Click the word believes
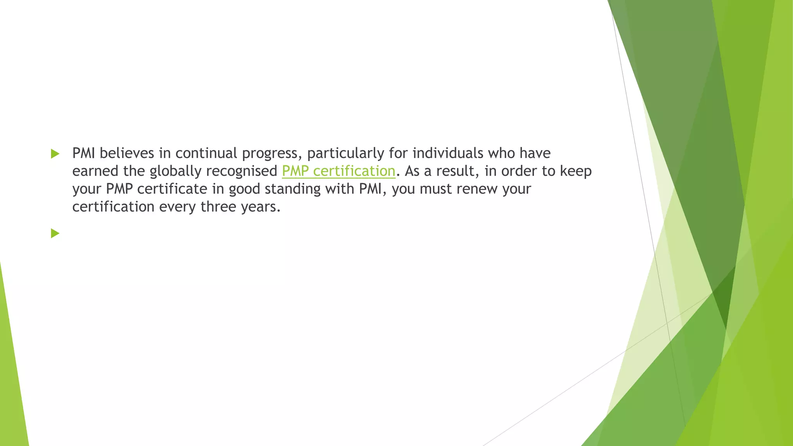click(x=127, y=153)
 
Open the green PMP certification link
click(x=338, y=171)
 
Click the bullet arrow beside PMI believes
click(x=55, y=154)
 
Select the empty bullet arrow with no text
click(x=55, y=233)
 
